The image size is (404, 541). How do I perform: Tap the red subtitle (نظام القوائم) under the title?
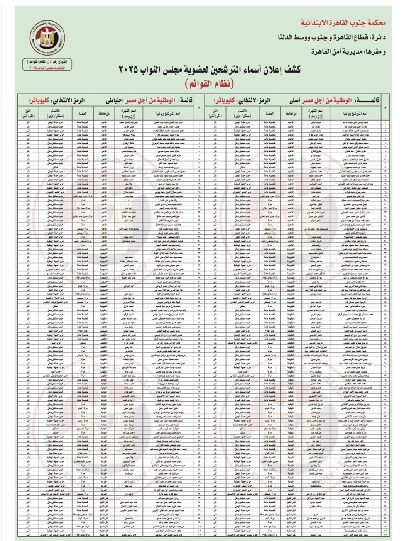209,83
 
